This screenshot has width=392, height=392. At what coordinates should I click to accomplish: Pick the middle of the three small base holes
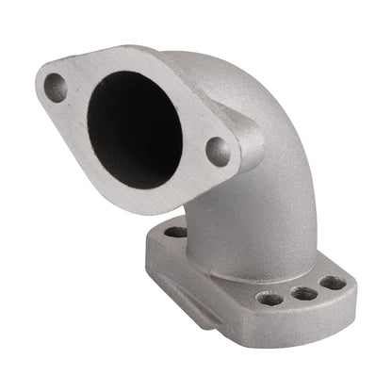[x=303, y=293]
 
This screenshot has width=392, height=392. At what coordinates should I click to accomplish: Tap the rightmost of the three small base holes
[x=332, y=282]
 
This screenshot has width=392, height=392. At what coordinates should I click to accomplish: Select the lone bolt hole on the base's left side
[x=176, y=232]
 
